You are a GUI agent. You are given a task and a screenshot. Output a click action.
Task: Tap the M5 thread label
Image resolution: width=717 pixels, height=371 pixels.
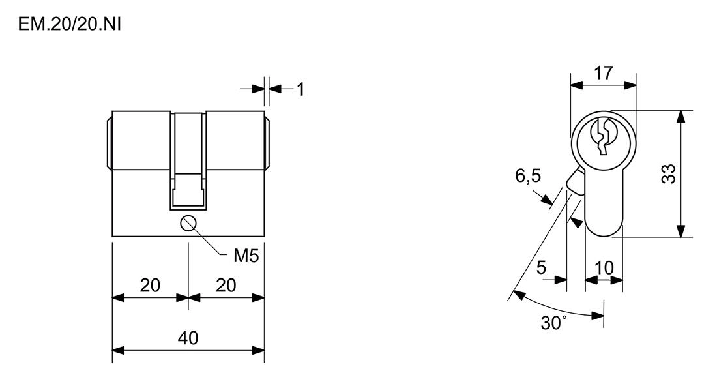click(x=246, y=256)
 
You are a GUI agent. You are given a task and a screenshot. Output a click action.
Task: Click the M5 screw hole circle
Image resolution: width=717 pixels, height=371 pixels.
click(x=188, y=224)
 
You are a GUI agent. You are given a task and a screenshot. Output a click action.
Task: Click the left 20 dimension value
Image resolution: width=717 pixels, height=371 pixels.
click(x=150, y=286)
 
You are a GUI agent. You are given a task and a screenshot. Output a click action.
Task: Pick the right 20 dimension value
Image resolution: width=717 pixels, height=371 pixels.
click(x=226, y=286)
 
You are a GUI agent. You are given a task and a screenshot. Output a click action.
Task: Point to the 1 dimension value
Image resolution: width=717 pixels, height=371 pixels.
click(x=300, y=90)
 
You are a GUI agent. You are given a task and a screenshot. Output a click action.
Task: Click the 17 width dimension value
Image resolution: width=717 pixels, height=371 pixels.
click(x=603, y=72)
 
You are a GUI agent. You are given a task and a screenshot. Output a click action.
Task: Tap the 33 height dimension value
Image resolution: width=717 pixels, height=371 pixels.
click(x=669, y=174)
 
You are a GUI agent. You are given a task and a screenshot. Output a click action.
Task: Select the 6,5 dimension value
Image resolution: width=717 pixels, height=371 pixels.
click(x=528, y=175)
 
